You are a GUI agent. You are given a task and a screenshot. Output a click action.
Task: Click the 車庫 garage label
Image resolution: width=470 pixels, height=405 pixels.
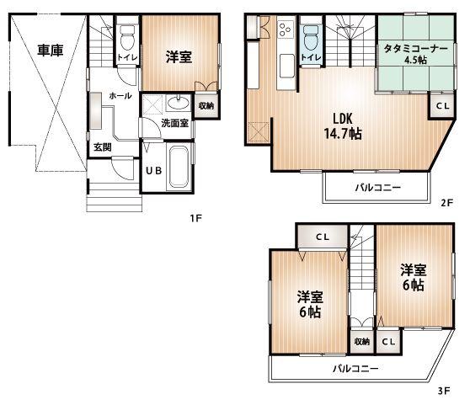point(51,51)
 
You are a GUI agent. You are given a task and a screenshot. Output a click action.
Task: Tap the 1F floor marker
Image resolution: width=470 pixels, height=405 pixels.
point(195,218)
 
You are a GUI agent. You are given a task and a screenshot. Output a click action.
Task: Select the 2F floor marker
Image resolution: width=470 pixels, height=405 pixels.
point(447,203)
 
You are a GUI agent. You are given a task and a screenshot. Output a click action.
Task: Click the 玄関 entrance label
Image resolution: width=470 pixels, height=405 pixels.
point(103,147)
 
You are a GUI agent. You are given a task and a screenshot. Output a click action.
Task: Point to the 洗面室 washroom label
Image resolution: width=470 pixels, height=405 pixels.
point(175,123)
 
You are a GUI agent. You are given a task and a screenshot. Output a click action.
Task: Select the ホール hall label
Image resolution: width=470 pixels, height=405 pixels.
point(120,96)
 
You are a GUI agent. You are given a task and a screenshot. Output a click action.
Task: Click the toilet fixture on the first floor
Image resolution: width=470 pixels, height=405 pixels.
point(127,38)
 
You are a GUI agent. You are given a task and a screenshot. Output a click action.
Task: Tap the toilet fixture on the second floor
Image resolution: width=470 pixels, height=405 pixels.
point(310,38)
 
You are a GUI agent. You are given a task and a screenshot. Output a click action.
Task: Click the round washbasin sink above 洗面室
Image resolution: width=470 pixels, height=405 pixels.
point(179,104)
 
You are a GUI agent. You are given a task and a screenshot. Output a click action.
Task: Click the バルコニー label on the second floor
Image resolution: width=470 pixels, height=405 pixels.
point(377,186)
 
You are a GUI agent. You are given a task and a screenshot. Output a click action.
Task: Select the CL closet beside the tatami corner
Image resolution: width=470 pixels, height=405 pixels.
point(441,105)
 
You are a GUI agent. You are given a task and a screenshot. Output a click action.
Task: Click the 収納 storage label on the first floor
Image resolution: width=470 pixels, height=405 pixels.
point(206,105)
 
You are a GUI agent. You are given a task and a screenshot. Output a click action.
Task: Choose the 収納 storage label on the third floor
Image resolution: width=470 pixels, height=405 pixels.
point(361,342)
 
